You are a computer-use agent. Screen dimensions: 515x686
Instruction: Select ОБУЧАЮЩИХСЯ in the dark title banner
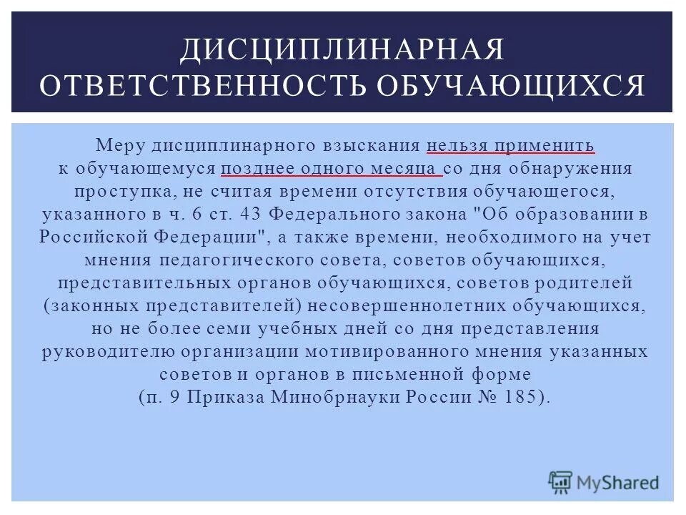[x=508, y=85]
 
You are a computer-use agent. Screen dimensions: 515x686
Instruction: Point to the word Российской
[x=92, y=237]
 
